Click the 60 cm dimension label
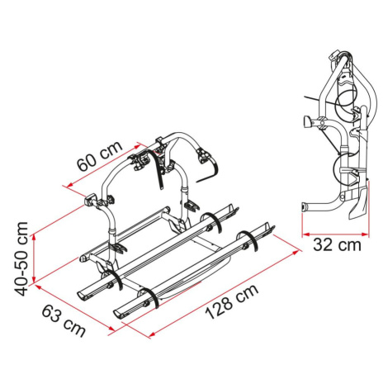[x=99, y=156]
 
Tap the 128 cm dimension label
[x=232, y=301]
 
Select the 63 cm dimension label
[x=64, y=321]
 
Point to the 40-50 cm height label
[x=21, y=259]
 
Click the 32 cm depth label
[x=337, y=244]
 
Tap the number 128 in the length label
[x=220, y=307]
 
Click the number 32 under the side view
[x=324, y=244]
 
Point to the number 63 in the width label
[x=52, y=314]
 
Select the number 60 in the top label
[x=87, y=162]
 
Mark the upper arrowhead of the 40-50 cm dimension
[x=34, y=237]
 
